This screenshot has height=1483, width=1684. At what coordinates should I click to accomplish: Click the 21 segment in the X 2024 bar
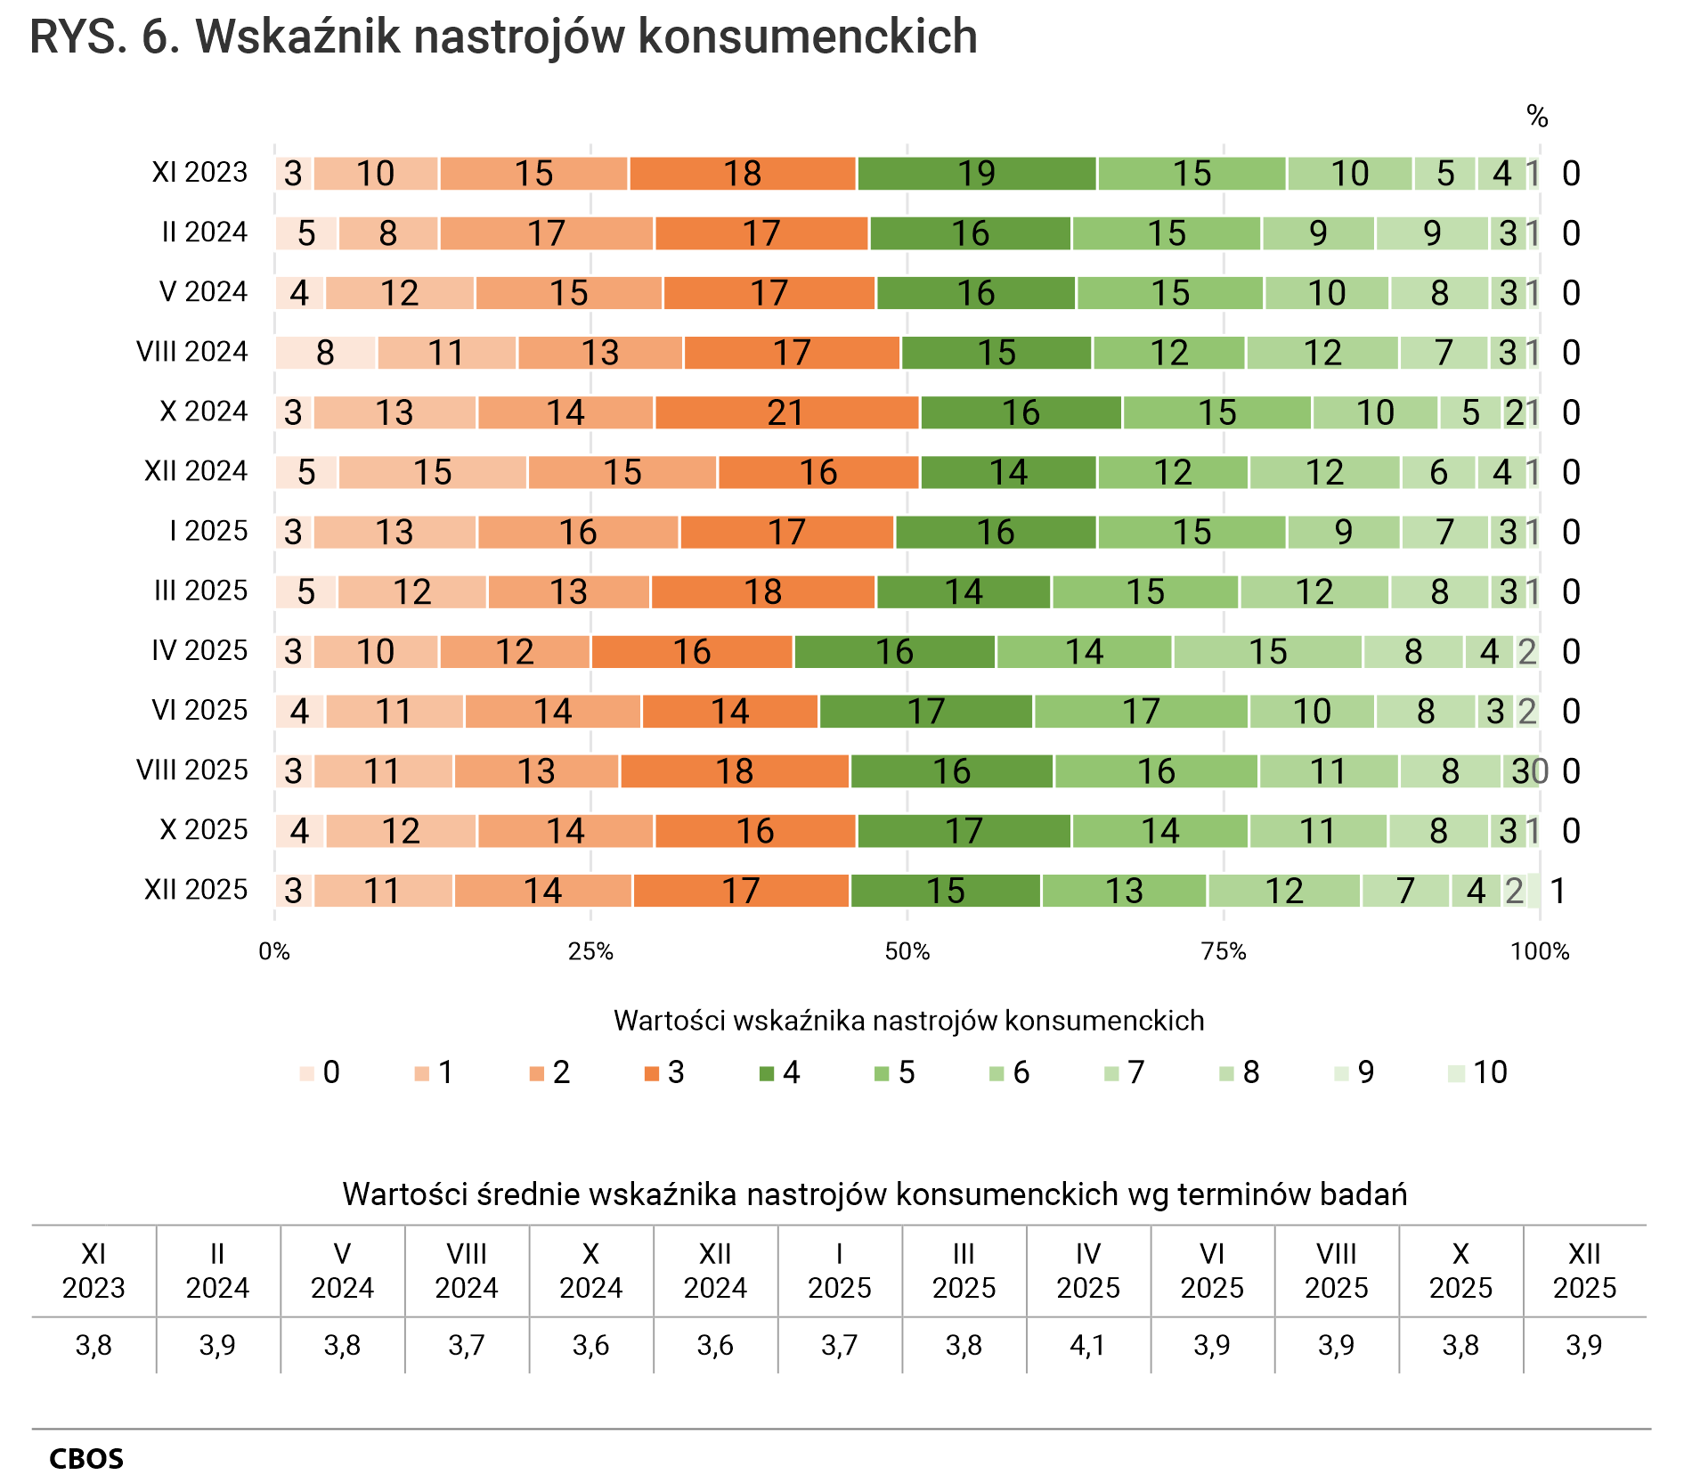pyautogui.click(x=786, y=413)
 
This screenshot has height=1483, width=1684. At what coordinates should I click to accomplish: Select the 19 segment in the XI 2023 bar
pyautogui.click(x=976, y=174)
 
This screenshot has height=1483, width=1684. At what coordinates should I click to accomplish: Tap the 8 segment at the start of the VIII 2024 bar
pyautogui.click(x=325, y=354)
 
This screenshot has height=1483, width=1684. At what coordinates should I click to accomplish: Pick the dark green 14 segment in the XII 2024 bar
pyautogui.click(x=1008, y=473)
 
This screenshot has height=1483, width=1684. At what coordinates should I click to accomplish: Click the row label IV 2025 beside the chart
pyautogui.click(x=199, y=651)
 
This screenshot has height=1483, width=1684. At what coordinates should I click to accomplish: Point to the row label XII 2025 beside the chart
pyautogui.click(x=196, y=890)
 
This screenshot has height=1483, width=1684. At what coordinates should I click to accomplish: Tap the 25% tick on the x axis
pyautogui.click(x=590, y=952)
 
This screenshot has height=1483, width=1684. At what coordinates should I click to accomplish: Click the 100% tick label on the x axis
pyautogui.click(x=1540, y=952)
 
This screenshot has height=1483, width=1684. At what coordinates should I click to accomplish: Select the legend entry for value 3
pyautogui.click(x=663, y=1072)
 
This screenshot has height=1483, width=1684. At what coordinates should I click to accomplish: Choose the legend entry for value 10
pyautogui.click(x=1478, y=1072)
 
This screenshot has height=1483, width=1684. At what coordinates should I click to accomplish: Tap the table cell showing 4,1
pyautogui.click(x=1087, y=1345)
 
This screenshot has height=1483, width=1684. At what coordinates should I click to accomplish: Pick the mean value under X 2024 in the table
pyautogui.click(x=590, y=1345)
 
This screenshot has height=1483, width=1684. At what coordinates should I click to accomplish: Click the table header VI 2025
pyautogui.click(x=1212, y=1271)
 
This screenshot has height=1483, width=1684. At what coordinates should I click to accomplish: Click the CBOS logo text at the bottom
pyautogui.click(x=86, y=1459)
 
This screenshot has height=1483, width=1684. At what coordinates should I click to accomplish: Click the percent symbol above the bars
pyautogui.click(x=1537, y=117)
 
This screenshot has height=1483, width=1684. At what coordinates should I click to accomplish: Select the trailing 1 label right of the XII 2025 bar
pyautogui.click(x=1558, y=891)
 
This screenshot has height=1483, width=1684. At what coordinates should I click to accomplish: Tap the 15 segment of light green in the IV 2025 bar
pyautogui.click(x=1267, y=652)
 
